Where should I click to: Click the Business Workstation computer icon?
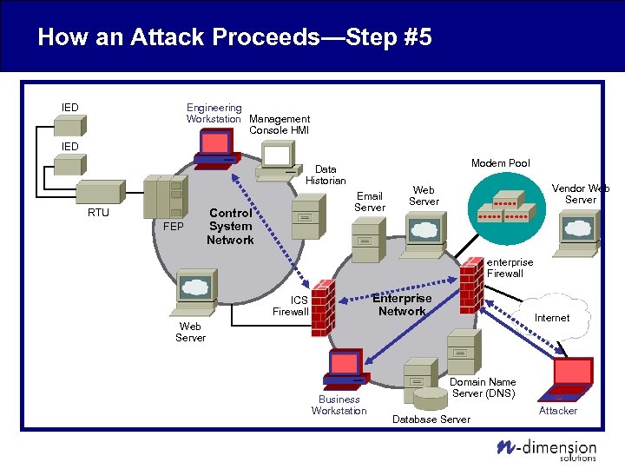point(344,369)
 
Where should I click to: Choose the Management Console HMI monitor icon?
point(278,157)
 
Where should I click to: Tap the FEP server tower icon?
point(167,198)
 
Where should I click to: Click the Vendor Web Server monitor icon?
point(577,231)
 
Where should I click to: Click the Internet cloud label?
point(551,318)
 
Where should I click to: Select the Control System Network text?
point(230,226)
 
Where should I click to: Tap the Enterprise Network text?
point(401,305)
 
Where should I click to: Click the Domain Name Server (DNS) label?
point(483,387)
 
